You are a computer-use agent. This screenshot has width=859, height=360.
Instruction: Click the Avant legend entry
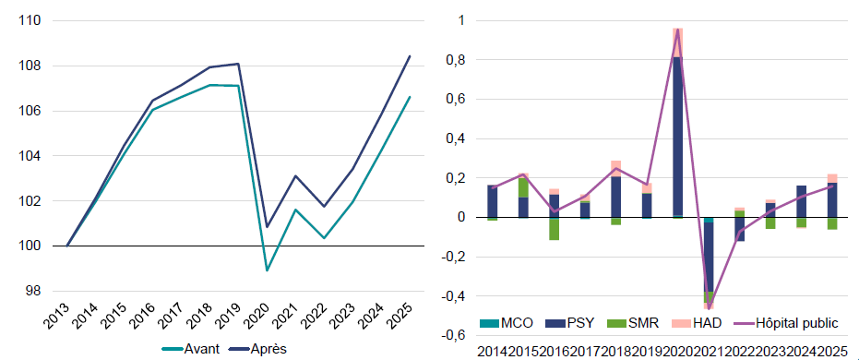coord(191,349)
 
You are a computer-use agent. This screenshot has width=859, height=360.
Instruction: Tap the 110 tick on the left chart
coord(30,21)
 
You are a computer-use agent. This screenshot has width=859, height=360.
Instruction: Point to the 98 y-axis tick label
coord(34,291)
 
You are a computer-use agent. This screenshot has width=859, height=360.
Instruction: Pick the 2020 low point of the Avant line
coord(268,270)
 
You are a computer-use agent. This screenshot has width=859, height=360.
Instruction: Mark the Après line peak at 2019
coord(239,64)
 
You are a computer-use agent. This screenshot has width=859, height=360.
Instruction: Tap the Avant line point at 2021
coord(295,210)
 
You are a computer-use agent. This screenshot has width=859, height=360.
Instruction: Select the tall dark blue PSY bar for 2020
coord(678,137)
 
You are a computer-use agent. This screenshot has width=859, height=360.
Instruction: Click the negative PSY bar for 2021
coord(710,257)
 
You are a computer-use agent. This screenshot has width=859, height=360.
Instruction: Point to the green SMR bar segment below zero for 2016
coord(555,229)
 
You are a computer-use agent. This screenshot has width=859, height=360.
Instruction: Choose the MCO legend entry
coord(507,323)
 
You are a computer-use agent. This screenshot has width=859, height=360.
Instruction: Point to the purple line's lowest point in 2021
coord(710,308)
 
